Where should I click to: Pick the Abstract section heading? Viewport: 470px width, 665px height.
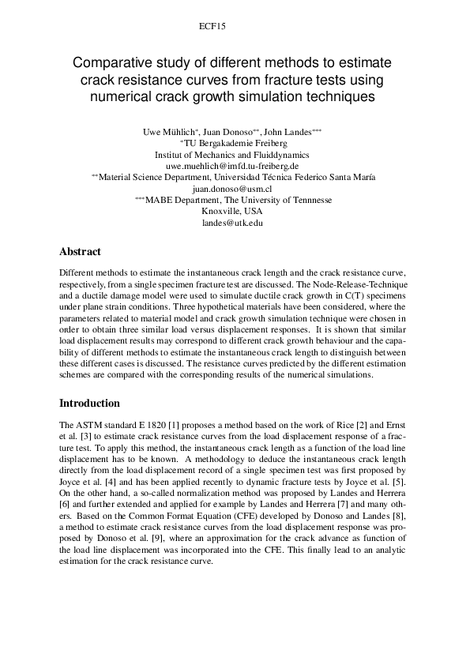tap(80, 252)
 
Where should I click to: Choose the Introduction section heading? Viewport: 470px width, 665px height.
tap(89, 403)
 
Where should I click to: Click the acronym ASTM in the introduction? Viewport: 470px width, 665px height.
tap(86, 425)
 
